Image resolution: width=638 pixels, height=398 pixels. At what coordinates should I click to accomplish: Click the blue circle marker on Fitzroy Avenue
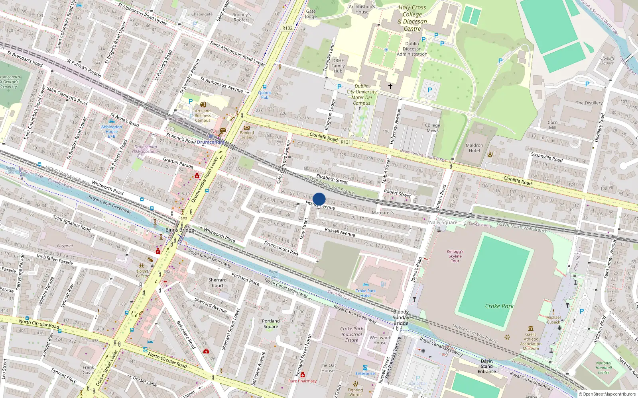319,199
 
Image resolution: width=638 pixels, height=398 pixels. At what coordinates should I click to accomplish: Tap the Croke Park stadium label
499,306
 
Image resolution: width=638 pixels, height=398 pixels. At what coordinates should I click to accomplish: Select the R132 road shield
287,28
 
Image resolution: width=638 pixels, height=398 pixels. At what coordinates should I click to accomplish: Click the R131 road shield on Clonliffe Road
346,142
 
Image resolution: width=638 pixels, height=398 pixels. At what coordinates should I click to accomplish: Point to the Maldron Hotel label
474,148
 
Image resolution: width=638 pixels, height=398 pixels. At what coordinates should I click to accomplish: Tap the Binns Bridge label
180,230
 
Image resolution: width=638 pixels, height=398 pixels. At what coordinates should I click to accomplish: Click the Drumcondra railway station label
211,142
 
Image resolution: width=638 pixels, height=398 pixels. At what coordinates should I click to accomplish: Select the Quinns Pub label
264,95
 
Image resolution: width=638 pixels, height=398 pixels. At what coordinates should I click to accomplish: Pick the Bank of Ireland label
247,135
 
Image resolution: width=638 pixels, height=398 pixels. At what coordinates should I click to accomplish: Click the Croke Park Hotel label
366,293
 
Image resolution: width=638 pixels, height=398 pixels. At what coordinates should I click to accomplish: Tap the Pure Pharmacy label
302,381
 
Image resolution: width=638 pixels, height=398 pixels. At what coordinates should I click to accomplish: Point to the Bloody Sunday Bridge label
401,318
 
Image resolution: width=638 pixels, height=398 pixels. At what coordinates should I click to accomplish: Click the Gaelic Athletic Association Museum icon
531,328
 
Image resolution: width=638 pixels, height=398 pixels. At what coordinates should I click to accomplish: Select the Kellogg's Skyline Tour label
455,256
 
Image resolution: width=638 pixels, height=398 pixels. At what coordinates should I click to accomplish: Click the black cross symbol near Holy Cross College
390,86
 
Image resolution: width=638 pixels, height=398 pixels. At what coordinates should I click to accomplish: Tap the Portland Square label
271,324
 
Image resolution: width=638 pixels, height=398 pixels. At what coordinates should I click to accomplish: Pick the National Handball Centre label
604,367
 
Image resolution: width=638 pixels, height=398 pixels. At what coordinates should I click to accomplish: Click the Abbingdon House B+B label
112,131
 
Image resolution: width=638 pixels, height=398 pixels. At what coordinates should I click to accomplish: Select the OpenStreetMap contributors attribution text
609,394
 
